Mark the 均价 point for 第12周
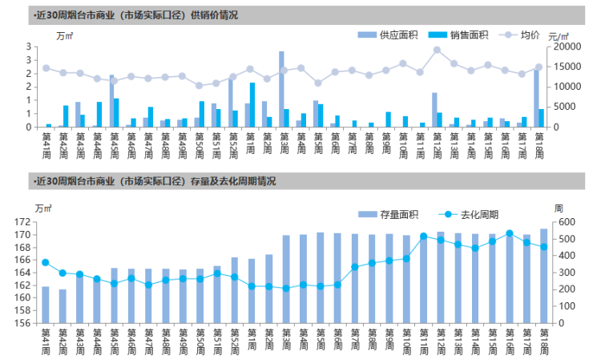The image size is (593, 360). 437,50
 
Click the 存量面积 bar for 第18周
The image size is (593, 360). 544,276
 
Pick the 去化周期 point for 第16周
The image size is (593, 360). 510,233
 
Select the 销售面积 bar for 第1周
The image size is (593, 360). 252,105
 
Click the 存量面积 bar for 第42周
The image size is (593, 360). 63,306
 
